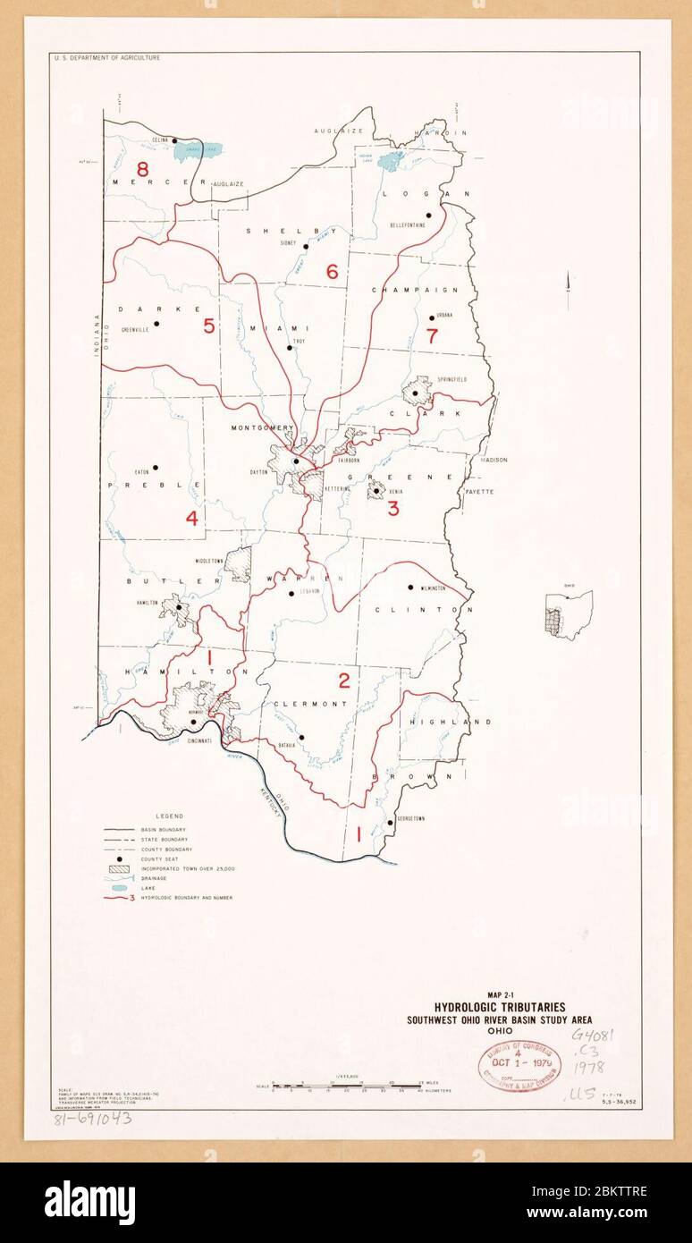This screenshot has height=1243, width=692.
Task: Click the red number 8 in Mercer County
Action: (x=141, y=168)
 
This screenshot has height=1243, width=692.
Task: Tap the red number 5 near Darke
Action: (x=208, y=326)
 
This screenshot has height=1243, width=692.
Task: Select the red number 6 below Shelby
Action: (x=332, y=272)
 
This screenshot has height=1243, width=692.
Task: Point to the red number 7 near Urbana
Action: (x=433, y=337)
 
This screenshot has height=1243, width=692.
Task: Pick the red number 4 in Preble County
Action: (x=191, y=518)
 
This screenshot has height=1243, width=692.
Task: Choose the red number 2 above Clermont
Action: (x=343, y=682)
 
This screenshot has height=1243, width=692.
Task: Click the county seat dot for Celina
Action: (x=174, y=140)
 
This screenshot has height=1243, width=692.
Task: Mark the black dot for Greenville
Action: (x=156, y=323)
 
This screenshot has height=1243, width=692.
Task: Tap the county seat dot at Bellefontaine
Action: (x=429, y=215)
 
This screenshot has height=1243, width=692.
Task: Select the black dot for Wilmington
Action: (x=409, y=588)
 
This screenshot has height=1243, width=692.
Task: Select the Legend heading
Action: (x=169, y=816)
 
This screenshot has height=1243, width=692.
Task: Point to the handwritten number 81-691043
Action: (x=92, y=1119)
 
